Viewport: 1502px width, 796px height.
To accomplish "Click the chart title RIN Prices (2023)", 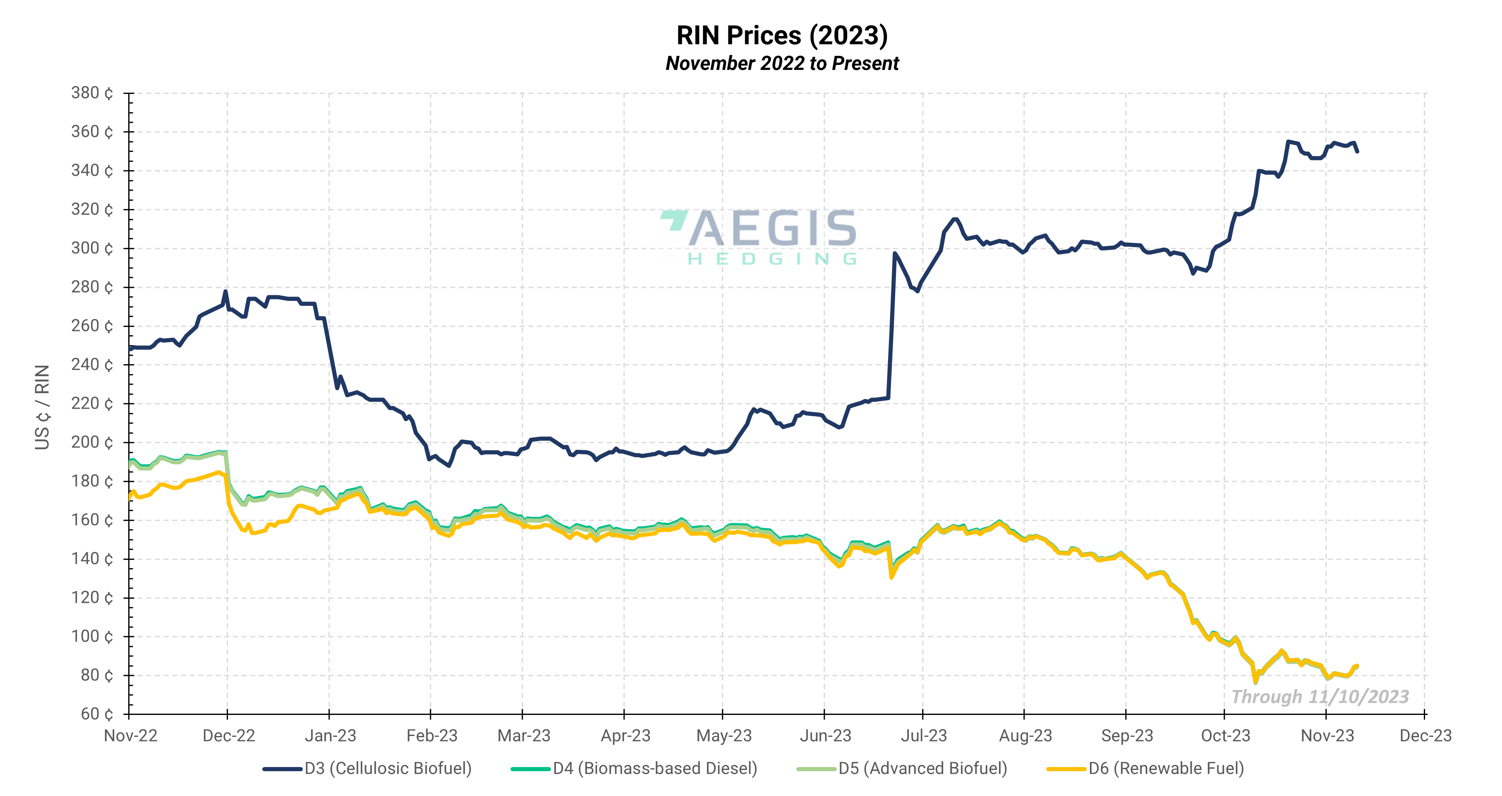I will click(x=782, y=35).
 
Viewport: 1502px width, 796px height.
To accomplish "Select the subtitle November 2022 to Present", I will click(x=782, y=63).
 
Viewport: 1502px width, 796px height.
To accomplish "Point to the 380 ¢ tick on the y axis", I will click(x=92, y=93).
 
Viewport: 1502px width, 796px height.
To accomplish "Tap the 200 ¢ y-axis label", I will click(x=92, y=442).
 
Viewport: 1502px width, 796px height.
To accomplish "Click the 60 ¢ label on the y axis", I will click(x=97, y=714).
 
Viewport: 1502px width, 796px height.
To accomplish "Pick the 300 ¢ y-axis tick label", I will click(x=92, y=248).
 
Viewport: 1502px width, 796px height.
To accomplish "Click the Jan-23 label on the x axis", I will click(x=330, y=735).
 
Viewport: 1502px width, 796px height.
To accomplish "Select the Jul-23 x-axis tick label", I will click(x=924, y=735).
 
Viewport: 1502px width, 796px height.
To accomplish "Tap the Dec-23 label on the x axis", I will click(x=1425, y=735).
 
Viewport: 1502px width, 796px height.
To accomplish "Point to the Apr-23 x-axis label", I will click(x=625, y=735).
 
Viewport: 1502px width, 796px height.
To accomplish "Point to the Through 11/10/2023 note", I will click(x=1320, y=696).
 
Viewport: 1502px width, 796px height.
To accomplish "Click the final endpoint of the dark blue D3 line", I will click(x=1357, y=151).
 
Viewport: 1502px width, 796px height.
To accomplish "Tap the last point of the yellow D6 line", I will click(x=1357, y=666).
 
